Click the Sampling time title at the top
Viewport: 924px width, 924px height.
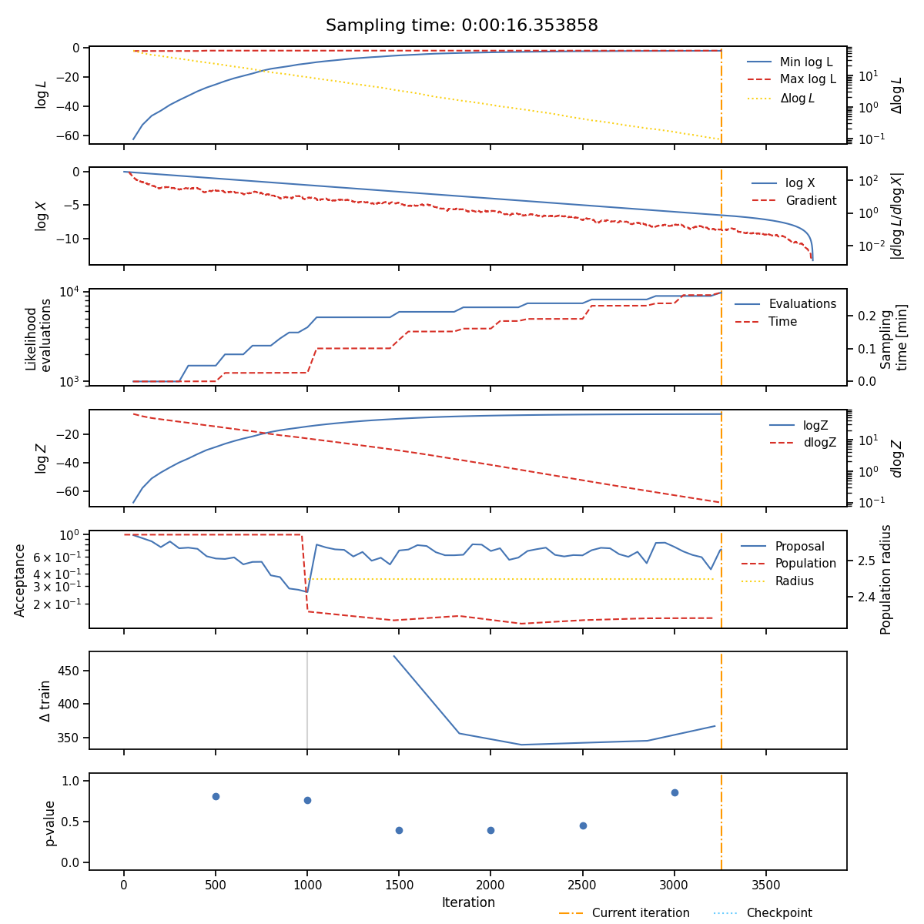pyautogui.click(x=462, y=25)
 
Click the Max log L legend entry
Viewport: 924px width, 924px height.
pyautogui.click(x=792, y=79)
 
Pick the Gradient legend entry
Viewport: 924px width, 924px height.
pyautogui.click(x=794, y=200)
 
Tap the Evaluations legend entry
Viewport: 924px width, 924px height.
pyautogui.click(x=785, y=303)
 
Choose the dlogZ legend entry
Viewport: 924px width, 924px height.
pyautogui.click(x=802, y=442)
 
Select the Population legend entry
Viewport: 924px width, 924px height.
pyautogui.click(x=788, y=563)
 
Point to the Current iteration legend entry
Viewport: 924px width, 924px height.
pyautogui.click(x=624, y=912)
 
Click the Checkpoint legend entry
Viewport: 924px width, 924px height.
pyautogui.click(x=763, y=912)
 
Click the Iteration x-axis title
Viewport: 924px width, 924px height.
pyautogui.click(x=468, y=902)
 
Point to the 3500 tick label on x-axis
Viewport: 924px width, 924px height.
pyautogui.click(x=765, y=885)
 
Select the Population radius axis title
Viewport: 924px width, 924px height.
pyautogui.click(x=885, y=579)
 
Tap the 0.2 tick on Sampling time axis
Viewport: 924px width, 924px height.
pyautogui.click(x=867, y=316)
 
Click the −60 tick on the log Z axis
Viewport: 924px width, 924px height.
pyautogui.click(x=70, y=491)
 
